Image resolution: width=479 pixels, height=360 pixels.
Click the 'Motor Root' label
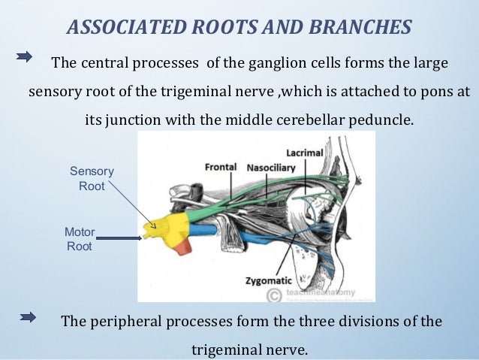[80, 239]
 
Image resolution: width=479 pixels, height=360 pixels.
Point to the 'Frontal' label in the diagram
[221, 166]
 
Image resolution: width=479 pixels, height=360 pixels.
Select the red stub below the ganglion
[183, 246]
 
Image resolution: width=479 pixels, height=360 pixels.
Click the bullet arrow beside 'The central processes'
[25, 56]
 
